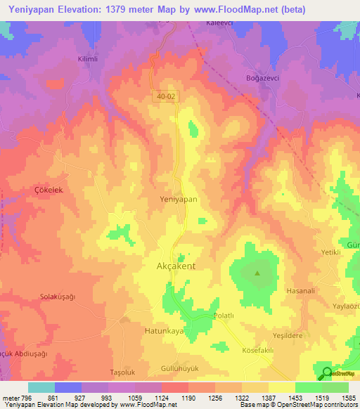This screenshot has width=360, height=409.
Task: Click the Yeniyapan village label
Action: click(x=178, y=200)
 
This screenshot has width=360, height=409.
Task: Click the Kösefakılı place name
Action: click(x=257, y=349)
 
